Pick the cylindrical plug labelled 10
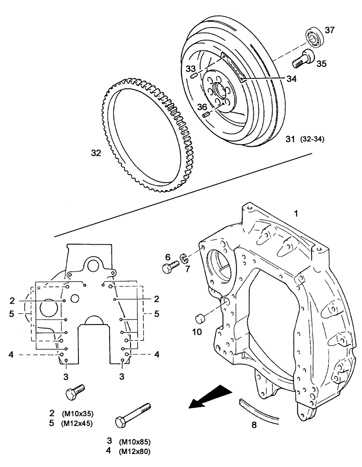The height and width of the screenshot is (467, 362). [201, 319]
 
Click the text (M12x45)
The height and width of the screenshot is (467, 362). [76, 424]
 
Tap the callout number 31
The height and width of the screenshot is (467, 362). [290, 139]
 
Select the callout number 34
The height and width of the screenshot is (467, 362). [291, 79]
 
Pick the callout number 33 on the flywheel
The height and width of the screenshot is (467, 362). [190, 69]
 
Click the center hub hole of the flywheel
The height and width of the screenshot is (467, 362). [218, 90]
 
